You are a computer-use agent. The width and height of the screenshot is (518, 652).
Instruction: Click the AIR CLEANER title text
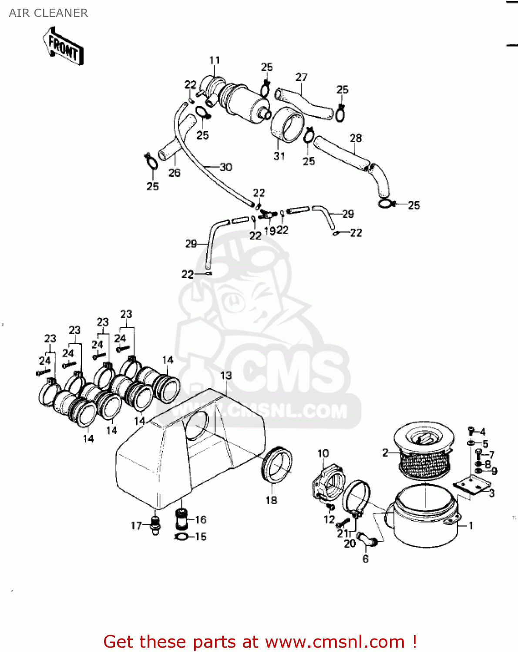[x=48, y=13]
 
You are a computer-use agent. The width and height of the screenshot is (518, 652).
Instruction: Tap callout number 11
[x=215, y=60]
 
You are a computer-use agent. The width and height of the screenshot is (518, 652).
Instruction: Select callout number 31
[x=279, y=156]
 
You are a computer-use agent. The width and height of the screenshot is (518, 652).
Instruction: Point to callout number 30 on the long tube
[x=225, y=167]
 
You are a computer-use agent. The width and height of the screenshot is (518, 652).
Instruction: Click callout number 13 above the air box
[x=226, y=375]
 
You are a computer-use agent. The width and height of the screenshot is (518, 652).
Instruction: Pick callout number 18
[x=271, y=500]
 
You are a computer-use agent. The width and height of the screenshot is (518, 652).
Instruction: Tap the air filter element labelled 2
[x=424, y=452]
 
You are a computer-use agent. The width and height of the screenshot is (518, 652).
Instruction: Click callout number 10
[x=323, y=453]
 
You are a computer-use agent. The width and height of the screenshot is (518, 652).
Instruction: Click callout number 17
[x=136, y=526]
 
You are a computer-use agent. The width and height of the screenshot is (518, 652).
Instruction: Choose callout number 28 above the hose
[x=356, y=138]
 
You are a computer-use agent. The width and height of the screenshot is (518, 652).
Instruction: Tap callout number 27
[x=301, y=77]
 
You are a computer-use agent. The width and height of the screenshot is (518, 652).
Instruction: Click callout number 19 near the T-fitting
[x=269, y=230]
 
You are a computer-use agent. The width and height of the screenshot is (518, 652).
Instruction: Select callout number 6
[x=365, y=559]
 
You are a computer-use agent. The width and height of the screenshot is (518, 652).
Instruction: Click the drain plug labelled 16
[x=181, y=519]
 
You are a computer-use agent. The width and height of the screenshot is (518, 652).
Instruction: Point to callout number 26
[x=174, y=173]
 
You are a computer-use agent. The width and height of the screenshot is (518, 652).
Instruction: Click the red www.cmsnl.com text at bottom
[x=335, y=642]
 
